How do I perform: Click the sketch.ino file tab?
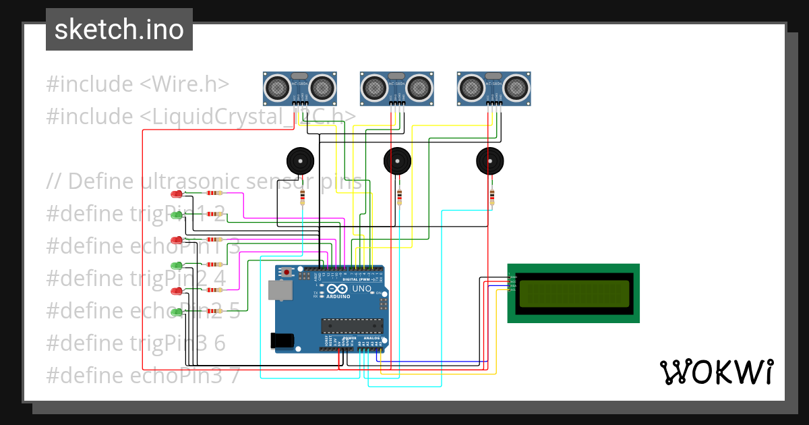click(119, 30)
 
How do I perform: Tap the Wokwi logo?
click(716, 372)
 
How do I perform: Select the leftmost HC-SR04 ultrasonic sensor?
click(299, 87)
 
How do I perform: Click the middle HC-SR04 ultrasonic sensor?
click(396, 87)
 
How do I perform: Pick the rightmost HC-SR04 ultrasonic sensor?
click(493, 87)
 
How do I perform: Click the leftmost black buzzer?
click(300, 161)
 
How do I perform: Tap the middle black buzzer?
click(397, 161)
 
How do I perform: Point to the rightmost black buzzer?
click(489, 161)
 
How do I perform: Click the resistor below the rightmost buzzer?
click(492, 196)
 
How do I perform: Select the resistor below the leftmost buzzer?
click(302, 196)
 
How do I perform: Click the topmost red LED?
click(177, 194)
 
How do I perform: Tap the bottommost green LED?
click(177, 312)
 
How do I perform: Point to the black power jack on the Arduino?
click(282, 341)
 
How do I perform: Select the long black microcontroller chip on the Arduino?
click(352, 327)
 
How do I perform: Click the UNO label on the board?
click(362, 289)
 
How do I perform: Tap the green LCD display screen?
click(573, 293)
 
